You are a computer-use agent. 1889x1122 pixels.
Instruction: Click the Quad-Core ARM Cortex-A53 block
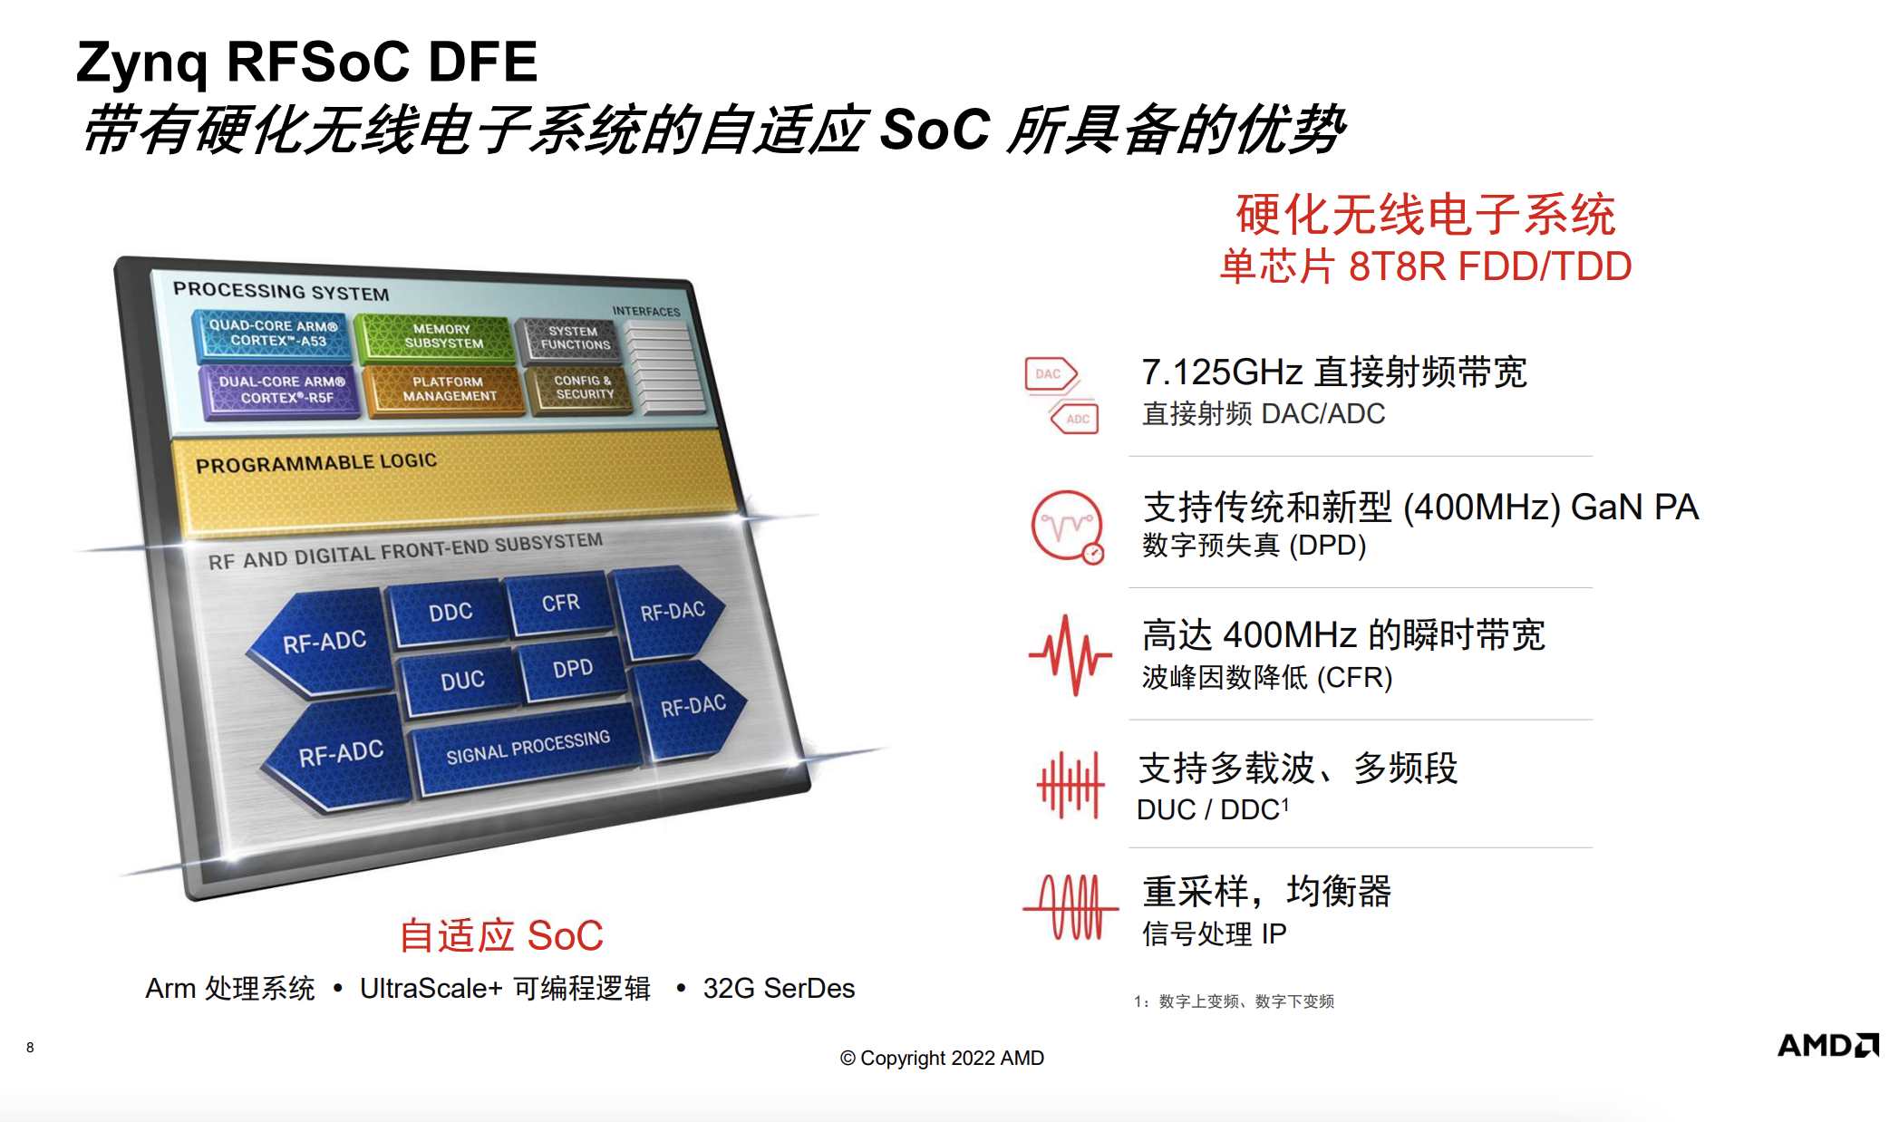point(274,334)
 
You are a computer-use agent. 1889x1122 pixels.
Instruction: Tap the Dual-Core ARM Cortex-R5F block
point(281,390)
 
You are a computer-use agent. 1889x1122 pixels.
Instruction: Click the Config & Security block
point(580,388)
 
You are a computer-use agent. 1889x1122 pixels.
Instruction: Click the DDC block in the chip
point(449,614)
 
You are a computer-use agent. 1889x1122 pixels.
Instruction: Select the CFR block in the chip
point(560,604)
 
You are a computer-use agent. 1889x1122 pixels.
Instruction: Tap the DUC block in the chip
point(461,681)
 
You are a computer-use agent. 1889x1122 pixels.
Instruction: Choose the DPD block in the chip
point(572,670)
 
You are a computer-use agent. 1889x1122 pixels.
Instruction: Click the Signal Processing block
point(528,748)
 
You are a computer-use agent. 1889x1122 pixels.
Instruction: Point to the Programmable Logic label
point(316,463)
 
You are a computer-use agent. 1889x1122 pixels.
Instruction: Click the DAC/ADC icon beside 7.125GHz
point(1061,396)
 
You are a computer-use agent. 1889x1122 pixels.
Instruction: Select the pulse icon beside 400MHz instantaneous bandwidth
point(1070,655)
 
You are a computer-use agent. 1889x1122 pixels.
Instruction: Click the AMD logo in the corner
point(1827,1046)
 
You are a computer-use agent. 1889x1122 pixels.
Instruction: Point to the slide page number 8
point(30,1048)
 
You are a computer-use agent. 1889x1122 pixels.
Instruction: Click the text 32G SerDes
point(779,988)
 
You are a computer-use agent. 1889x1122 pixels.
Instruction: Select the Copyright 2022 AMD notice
point(942,1058)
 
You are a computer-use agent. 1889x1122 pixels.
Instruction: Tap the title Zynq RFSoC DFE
point(306,62)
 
